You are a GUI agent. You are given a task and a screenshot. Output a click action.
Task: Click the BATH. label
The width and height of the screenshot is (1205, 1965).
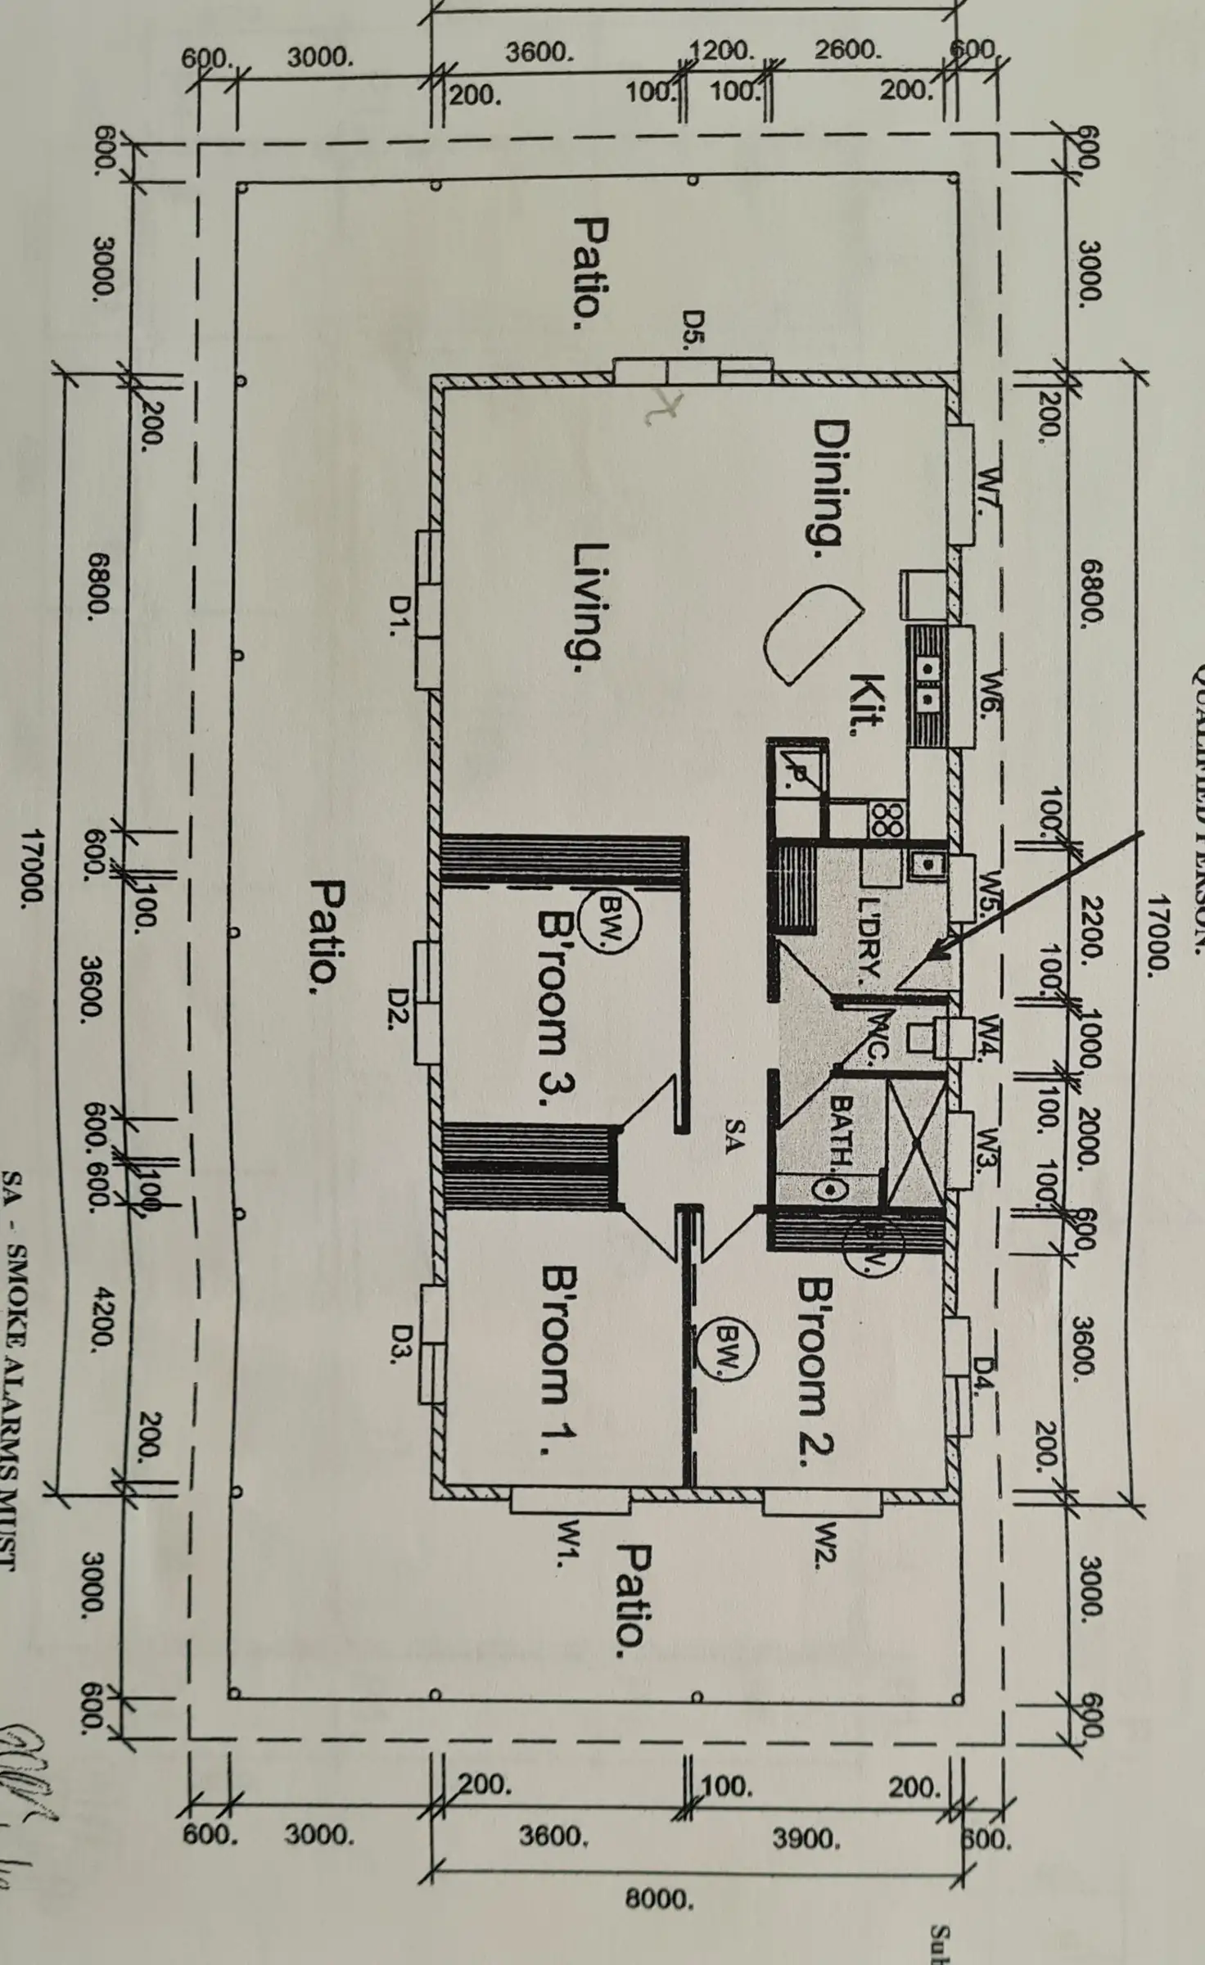click(841, 1132)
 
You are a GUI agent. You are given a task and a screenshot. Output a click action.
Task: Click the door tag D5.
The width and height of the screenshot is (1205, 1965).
click(694, 330)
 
